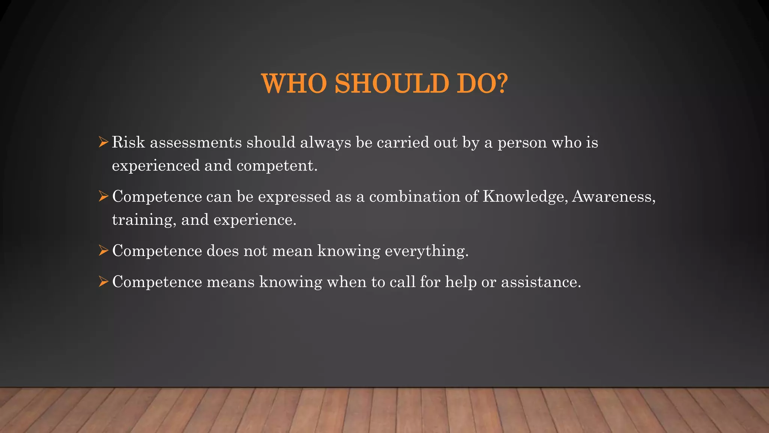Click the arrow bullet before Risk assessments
pos(103,142)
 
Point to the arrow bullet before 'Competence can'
pos(103,196)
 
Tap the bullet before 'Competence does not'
pos(103,250)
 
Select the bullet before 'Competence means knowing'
pos(103,282)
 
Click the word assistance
pos(541,282)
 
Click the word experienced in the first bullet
pos(156,166)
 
